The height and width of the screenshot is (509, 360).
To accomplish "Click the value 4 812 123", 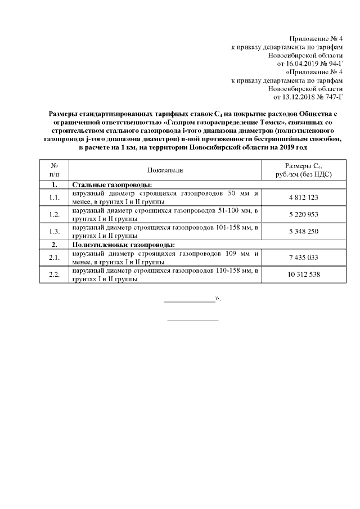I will tap(303, 197).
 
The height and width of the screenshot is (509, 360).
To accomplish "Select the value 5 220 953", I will tap(303, 214).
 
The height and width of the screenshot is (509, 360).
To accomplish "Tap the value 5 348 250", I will tap(303, 231).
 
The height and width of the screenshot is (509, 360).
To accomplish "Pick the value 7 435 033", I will tap(303, 257).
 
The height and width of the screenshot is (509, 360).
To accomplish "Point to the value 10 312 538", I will tap(303, 274).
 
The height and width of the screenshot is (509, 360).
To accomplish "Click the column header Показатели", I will tap(165, 170).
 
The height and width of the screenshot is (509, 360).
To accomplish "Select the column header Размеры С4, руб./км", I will tap(303, 170).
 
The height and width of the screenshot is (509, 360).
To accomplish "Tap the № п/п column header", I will tap(55, 170).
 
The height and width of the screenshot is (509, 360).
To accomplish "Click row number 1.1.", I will tap(55, 197).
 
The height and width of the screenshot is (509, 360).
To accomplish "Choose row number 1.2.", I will tap(55, 214).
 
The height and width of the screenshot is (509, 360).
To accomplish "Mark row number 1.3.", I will tap(55, 231).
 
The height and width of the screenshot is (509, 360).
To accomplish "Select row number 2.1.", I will tap(55, 257).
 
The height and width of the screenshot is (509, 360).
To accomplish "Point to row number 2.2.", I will tap(55, 274).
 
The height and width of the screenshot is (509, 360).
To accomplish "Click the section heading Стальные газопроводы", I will tap(113, 184).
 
